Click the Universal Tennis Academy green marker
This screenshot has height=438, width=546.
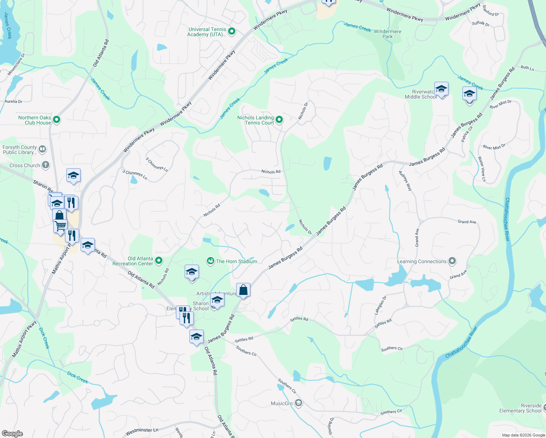tap(231, 32)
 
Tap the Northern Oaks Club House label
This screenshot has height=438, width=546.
tap(35, 120)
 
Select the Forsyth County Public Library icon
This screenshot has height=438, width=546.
tap(42, 149)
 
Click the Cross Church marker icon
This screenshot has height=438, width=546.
tap(45, 165)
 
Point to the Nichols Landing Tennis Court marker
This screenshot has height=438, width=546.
tap(279, 119)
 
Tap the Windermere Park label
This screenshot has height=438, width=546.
tap(387, 34)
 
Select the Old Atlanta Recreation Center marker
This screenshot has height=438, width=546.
tap(159, 261)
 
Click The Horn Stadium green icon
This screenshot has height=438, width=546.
tap(210, 261)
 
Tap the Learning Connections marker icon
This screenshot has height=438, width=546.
tap(452, 261)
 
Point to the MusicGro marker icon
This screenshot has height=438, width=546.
tap(299, 403)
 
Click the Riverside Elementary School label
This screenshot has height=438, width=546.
tap(520, 408)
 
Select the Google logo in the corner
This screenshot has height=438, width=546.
tap(12, 434)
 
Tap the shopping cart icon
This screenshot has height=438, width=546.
tap(60, 226)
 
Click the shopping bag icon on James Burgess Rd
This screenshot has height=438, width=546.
tap(243, 290)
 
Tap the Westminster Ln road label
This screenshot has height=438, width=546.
tap(142, 432)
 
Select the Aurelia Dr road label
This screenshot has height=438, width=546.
tap(14, 101)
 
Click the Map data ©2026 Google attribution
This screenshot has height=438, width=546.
tap(523, 435)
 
